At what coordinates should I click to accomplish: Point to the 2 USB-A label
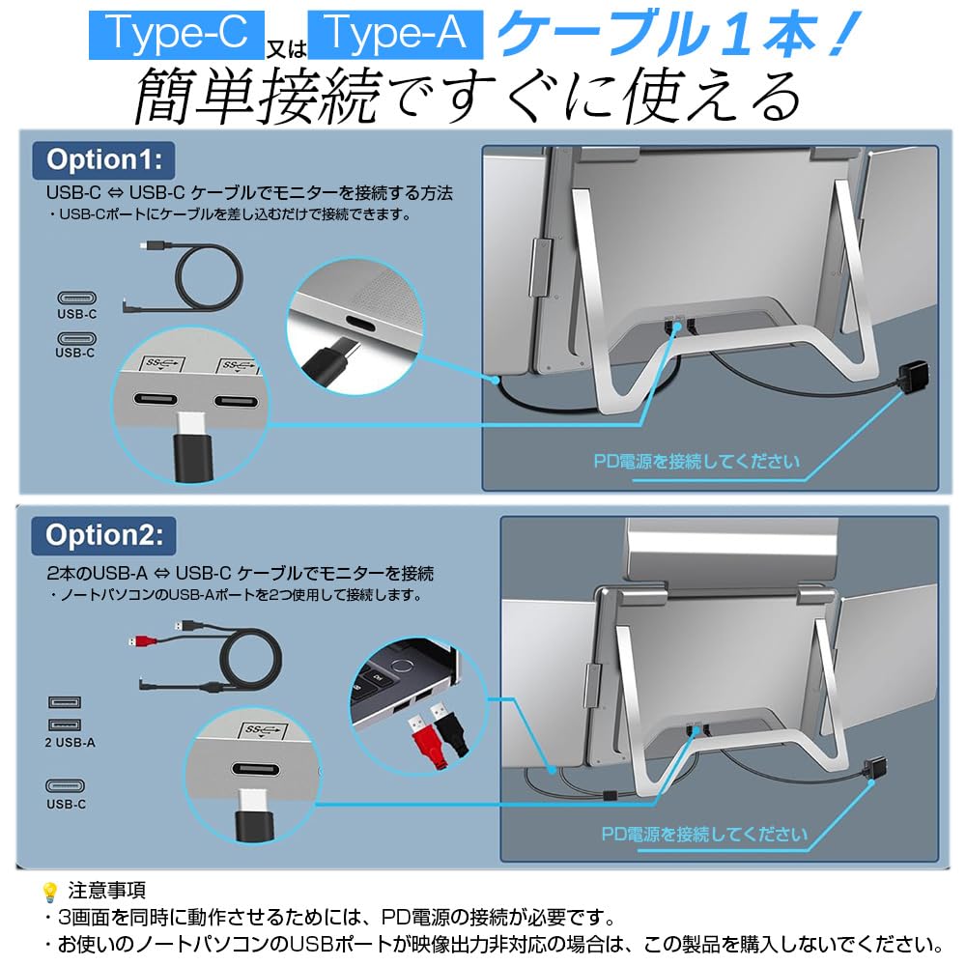point(70,743)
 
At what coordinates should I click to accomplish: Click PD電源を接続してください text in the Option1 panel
point(696,461)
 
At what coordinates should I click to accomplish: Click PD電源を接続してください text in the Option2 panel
point(704,833)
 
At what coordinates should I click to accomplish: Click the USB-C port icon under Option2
point(67,787)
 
